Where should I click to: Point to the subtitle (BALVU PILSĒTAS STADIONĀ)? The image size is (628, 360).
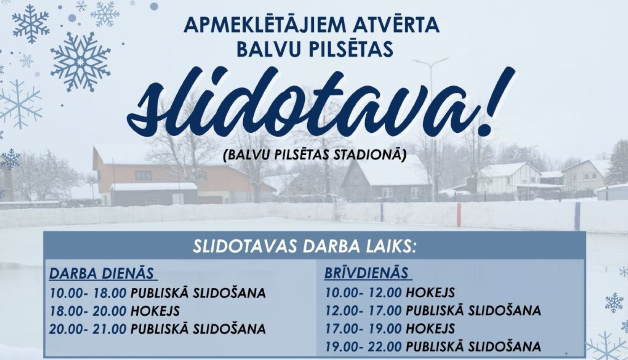[315, 156]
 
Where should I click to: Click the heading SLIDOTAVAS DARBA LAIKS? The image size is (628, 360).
[305, 247]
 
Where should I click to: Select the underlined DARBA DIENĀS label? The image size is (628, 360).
[102, 273]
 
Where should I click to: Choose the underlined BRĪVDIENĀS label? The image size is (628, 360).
[367, 273]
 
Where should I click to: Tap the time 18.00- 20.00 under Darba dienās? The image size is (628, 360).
[88, 311]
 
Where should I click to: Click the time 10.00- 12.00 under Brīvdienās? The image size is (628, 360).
[363, 292]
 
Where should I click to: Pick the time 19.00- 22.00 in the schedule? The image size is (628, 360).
[363, 347]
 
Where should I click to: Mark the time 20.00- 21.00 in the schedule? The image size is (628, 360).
[88, 329]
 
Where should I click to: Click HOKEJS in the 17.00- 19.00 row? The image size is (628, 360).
[430, 329]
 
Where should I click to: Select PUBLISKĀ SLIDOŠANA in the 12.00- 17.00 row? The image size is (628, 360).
[474, 311]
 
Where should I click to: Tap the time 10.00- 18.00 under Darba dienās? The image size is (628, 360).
[88, 293]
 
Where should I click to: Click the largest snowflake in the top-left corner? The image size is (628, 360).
[80, 61]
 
